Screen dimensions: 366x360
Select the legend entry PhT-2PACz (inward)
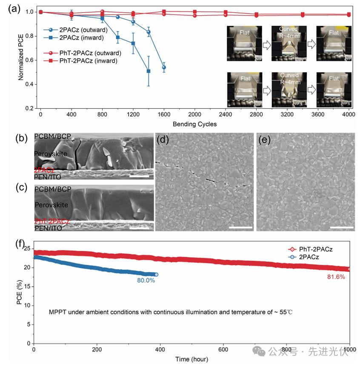[87, 61]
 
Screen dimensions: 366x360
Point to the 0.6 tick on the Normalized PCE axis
[29, 60]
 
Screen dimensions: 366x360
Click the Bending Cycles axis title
[194, 124]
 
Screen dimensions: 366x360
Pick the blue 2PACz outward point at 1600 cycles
[164, 68]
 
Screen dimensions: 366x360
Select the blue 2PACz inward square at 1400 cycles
[149, 71]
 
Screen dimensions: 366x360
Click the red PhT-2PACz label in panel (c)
[51, 221]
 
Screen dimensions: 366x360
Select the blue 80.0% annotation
[146, 281]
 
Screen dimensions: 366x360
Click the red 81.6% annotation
[335, 277]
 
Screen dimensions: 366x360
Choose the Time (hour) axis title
[191, 359]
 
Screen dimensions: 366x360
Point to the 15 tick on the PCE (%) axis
[28, 287]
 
